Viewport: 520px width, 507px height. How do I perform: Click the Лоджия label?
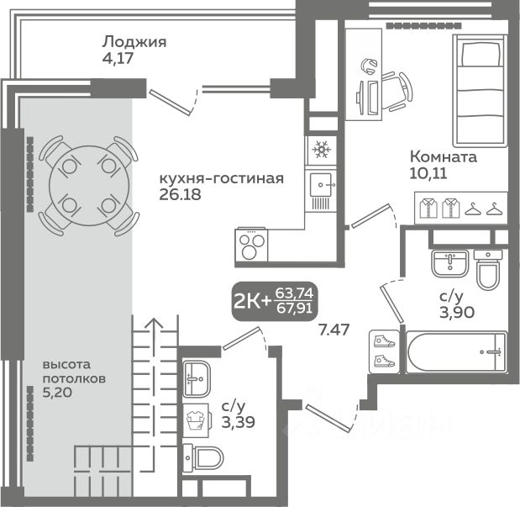click(x=134, y=42)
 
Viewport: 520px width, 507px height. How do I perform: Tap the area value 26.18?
click(x=180, y=194)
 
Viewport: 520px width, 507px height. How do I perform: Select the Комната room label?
click(x=444, y=156)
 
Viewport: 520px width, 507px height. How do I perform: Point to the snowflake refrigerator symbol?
click(x=322, y=150)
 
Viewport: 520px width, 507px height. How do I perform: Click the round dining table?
click(x=88, y=185)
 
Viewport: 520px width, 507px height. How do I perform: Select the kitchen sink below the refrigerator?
click(x=321, y=185)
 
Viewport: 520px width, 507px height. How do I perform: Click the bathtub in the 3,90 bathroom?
click(x=457, y=351)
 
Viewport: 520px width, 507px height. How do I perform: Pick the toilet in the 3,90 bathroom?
click(x=488, y=269)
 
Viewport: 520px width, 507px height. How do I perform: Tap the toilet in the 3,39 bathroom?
click(x=203, y=458)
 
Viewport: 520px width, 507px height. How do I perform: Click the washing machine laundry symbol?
click(x=197, y=420)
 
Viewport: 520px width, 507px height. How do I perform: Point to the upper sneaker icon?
click(x=384, y=341)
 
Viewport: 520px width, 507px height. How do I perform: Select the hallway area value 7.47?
click(x=334, y=330)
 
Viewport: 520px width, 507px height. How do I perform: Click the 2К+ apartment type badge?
click(x=275, y=302)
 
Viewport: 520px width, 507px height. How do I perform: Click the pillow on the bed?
click(x=481, y=54)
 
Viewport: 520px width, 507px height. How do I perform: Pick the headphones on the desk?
click(x=368, y=66)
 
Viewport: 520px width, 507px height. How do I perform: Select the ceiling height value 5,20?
click(x=57, y=393)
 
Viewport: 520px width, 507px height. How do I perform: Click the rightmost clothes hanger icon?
click(x=495, y=209)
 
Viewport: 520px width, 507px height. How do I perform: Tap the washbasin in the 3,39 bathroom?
click(x=197, y=379)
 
